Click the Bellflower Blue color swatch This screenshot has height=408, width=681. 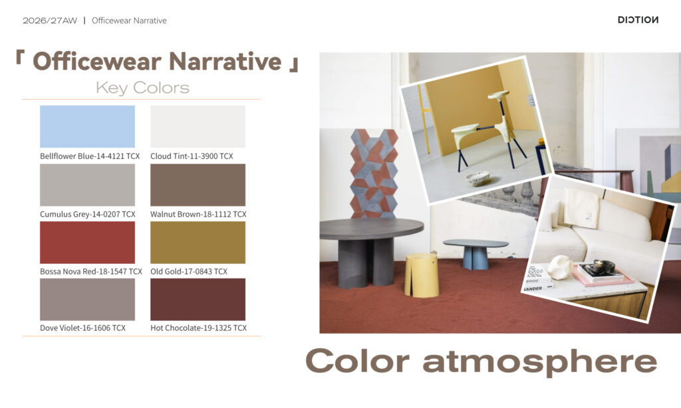click(x=87, y=127)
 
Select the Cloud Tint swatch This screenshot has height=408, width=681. click(x=198, y=127)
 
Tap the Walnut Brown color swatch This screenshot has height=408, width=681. click(x=198, y=185)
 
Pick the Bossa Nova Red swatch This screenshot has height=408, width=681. click(x=87, y=243)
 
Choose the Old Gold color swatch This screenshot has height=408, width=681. click(x=198, y=243)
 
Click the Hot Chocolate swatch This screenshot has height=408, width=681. click(x=198, y=300)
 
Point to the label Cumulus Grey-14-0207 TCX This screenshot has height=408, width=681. click(x=88, y=215)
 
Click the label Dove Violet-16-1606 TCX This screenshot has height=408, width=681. click(x=82, y=328)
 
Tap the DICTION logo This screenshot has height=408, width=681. click(x=638, y=20)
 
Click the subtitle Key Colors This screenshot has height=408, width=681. click(x=142, y=88)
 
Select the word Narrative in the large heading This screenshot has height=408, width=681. click(x=225, y=61)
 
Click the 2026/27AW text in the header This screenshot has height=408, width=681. click(x=50, y=21)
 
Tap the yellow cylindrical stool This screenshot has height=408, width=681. click(x=422, y=276)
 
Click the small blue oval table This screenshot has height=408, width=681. click(x=476, y=253)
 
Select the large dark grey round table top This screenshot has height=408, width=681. click(x=371, y=229)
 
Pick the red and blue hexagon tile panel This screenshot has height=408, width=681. click(x=374, y=173)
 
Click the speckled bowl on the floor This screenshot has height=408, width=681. click(x=477, y=178)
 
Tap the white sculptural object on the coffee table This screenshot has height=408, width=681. click(x=561, y=266)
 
